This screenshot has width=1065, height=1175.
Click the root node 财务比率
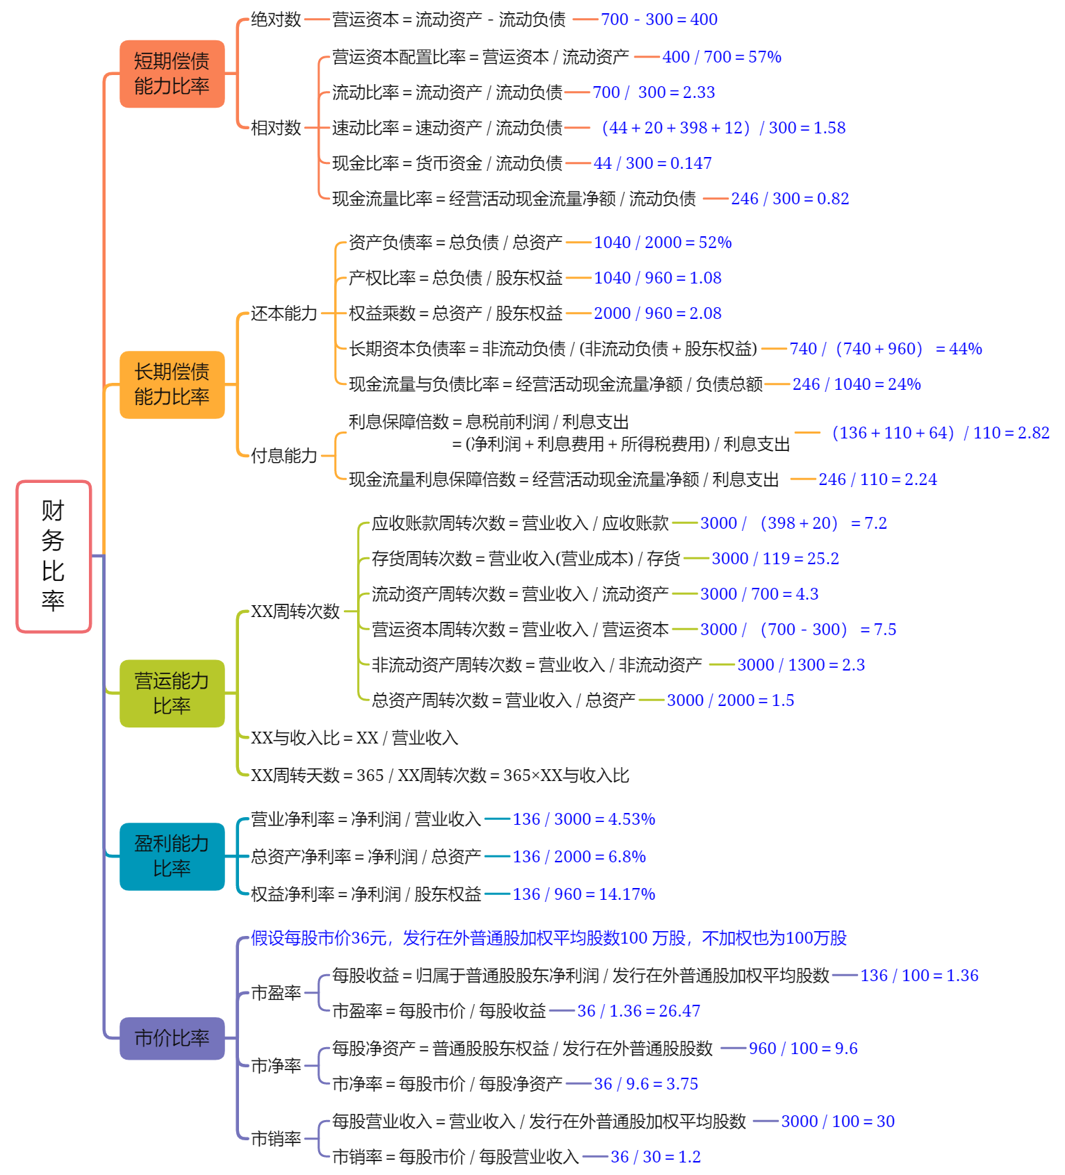point(53,557)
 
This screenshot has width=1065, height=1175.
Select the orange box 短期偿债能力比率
point(172,74)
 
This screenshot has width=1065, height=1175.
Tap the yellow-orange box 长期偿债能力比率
point(172,385)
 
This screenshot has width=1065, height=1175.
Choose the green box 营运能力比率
point(172,693)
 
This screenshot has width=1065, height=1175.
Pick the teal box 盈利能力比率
point(172,857)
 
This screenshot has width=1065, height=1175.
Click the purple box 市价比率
point(172,1038)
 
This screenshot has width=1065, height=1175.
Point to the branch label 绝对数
point(276,19)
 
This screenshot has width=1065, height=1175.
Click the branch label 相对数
point(276,128)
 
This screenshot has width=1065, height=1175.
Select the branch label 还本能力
point(284,313)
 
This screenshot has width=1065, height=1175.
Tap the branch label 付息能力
point(284,456)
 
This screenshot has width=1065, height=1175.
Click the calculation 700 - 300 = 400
point(659,19)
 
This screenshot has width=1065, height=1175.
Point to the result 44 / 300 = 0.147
point(653,163)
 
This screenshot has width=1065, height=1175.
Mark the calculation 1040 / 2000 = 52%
point(663,243)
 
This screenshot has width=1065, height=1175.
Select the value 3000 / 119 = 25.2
point(775,559)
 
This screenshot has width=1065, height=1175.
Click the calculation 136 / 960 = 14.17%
point(584,894)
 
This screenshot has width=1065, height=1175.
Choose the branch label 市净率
point(276,1066)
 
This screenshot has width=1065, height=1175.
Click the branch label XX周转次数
point(295,611)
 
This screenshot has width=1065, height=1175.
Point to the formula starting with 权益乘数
point(456,313)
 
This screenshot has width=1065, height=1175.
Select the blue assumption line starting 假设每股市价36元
point(549,938)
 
